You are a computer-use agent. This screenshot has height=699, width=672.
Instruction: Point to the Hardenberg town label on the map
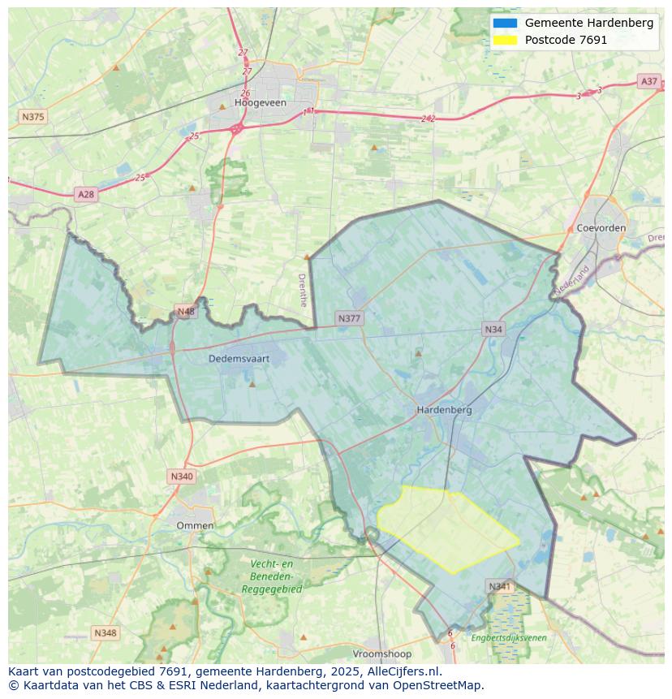point(444,410)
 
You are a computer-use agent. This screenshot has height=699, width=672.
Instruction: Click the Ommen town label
point(196,525)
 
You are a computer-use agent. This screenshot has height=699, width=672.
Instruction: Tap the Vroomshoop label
point(382,654)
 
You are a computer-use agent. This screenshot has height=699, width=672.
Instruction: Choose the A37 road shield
point(648,81)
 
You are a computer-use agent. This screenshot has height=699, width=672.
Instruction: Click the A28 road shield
point(85,194)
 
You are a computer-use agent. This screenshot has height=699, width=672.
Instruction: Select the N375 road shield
point(32,117)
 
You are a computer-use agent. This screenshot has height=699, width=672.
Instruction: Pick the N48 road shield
point(186,312)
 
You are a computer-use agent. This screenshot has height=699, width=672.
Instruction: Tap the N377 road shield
point(349,318)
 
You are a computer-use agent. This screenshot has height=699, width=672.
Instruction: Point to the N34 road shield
point(493,329)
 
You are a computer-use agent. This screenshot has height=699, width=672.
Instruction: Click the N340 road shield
point(182,477)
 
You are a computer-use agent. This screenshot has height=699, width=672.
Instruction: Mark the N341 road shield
point(500,586)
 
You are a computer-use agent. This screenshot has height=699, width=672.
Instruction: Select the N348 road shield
point(105,632)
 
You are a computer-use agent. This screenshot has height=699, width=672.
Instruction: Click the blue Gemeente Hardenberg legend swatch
point(504,23)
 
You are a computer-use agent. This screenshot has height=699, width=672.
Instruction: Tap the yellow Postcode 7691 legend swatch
point(504,40)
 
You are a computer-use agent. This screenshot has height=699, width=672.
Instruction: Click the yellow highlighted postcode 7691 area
point(446,528)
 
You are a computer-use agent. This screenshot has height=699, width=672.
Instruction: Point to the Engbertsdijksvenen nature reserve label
point(509,637)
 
